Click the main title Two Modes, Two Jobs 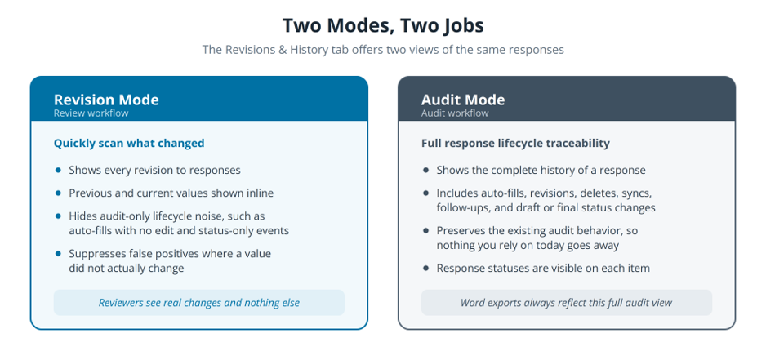(383, 26)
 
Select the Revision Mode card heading (106, 100)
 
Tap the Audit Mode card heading (463, 100)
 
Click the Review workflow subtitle (91, 113)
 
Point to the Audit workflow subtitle (455, 113)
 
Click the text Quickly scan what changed (129, 143)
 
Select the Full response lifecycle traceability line (515, 143)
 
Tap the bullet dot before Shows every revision (59, 170)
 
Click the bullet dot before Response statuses (426, 269)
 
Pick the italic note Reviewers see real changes (198, 303)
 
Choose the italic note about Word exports (566, 303)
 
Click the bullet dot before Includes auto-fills (426, 193)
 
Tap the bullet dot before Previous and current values (59, 193)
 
